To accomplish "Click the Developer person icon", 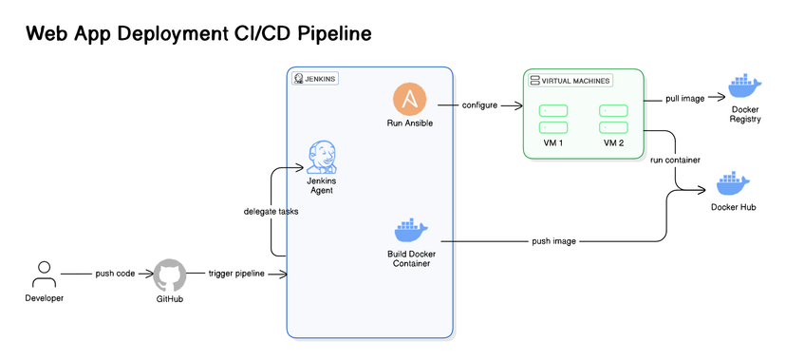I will pyautogui.click(x=42, y=274).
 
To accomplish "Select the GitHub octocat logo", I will pyautogui.click(x=170, y=275).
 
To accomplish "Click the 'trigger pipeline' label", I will pyautogui.click(x=236, y=274).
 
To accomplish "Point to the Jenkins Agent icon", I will pyautogui.click(x=322, y=157).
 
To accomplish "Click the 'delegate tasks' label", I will pyautogui.click(x=271, y=212).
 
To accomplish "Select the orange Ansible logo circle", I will pyautogui.click(x=410, y=99).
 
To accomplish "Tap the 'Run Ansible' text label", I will pyautogui.click(x=410, y=123).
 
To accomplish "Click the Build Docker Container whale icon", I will pyautogui.click(x=410, y=231).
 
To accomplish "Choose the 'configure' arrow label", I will pyautogui.click(x=479, y=105).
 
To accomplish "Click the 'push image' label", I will pyautogui.click(x=553, y=241).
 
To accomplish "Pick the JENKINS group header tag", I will pyautogui.click(x=315, y=79).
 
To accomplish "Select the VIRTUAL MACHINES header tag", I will pyautogui.click(x=571, y=81).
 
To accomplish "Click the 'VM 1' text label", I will pyautogui.click(x=553, y=143).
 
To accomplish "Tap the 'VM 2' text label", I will pyautogui.click(x=613, y=143).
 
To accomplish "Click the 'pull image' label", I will pyautogui.click(x=685, y=99).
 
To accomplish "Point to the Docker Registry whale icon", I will pyautogui.click(x=744, y=87).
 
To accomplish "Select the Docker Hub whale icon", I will pyautogui.click(x=733, y=182).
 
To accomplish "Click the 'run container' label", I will pyautogui.click(x=675, y=160).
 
